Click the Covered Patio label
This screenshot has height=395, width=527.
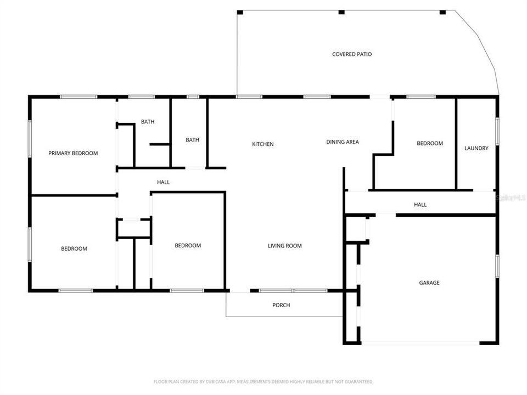[x=351, y=54]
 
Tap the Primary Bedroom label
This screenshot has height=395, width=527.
[x=73, y=153]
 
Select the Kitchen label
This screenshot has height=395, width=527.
[x=262, y=144]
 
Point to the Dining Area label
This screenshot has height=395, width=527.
[x=342, y=142]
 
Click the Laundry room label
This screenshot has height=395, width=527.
[x=476, y=148]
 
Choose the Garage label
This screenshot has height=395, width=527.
[x=429, y=283]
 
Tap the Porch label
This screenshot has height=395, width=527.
[x=281, y=305]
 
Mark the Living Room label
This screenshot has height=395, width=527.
[x=284, y=246]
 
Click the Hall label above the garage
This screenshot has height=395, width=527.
[x=420, y=205]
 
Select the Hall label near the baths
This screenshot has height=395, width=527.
[x=163, y=182]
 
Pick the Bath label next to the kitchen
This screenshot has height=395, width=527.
[x=192, y=140]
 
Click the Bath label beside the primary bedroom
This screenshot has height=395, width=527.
[x=147, y=122]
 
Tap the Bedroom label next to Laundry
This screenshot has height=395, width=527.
[x=429, y=143]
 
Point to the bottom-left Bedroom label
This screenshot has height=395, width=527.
[x=74, y=249]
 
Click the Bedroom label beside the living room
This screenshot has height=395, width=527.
[x=188, y=245]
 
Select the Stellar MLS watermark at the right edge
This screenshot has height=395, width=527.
[x=511, y=196]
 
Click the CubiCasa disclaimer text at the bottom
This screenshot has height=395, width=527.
[x=263, y=381]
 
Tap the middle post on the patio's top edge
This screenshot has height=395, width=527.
[x=341, y=12]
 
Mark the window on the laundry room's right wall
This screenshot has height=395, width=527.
[x=497, y=132]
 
